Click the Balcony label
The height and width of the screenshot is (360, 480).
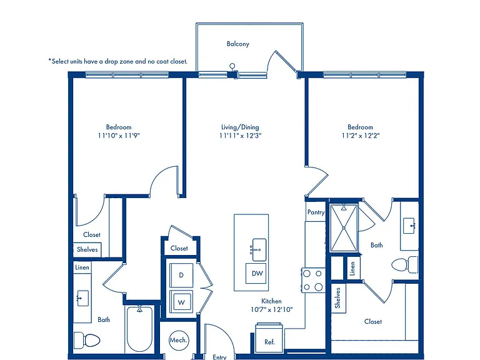pyautogui.click(x=238, y=44)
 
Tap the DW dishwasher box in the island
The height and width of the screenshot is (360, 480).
pyautogui.click(x=256, y=273)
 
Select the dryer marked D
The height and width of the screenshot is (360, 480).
pyautogui.click(x=181, y=275)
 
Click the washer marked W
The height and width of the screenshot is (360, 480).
pyautogui.click(x=181, y=302)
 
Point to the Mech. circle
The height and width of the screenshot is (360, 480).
pyautogui.click(x=179, y=340)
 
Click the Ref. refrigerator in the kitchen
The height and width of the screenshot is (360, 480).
pyautogui.click(x=269, y=338)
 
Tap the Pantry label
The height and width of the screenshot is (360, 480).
pyautogui.click(x=316, y=212)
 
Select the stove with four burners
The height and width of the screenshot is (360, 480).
pyautogui.click(x=313, y=280)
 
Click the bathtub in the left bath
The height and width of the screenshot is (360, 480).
pyautogui.click(x=139, y=329)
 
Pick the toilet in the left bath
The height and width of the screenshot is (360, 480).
pyautogui.click(x=87, y=340)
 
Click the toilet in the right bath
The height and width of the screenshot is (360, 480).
pyautogui.click(x=405, y=265)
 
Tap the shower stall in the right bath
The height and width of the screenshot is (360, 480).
pyautogui.click(x=344, y=227)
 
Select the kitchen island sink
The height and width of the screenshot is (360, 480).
pyautogui.click(x=258, y=249)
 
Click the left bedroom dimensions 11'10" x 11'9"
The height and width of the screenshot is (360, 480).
pyautogui.click(x=119, y=136)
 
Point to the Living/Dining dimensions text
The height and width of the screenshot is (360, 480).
pyautogui.click(x=240, y=136)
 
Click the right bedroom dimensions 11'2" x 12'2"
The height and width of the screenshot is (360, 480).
pyautogui.click(x=361, y=136)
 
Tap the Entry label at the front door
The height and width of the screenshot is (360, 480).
pyautogui.click(x=219, y=357)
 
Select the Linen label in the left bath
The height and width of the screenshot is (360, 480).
pyautogui.click(x=82, y=267)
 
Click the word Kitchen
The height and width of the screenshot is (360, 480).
pyautogui.click(x=271, y=301)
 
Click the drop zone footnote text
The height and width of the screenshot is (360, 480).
pyautogui.click(x=118, y=61)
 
